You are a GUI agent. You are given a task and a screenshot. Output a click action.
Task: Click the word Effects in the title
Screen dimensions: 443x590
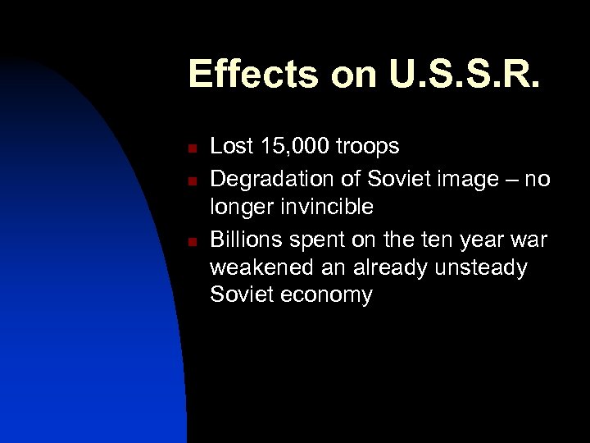252,74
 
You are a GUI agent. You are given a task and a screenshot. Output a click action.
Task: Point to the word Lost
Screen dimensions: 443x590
230,147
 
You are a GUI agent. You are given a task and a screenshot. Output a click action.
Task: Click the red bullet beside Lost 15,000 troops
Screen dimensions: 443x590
190,149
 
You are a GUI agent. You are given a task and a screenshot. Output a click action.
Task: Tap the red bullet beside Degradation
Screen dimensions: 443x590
190,179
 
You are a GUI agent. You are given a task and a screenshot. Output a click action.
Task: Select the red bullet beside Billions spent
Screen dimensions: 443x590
190,241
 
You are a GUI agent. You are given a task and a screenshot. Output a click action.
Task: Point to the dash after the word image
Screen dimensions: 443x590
516,179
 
